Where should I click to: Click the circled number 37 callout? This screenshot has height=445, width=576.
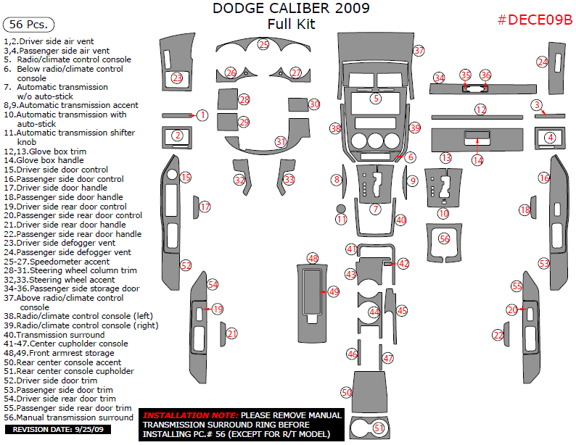tap(419, 51)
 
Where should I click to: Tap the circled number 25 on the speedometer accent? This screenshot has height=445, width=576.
tap(263, 45)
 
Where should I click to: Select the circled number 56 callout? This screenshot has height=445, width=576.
tap(445, 238)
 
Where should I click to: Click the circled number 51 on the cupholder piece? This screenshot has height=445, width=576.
tap(378, 428)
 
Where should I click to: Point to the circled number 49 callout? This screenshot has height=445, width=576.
tap(334, 291)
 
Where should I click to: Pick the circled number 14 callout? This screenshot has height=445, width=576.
tap(477, 159)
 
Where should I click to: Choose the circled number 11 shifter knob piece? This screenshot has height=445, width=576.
tap(342, 218)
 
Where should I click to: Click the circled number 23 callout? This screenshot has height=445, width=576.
tap(178, 78)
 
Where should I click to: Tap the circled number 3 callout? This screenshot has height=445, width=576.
tap(536, 105)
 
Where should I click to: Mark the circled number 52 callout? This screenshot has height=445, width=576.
tap(186, 266)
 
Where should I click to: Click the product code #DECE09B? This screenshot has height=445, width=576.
tap(535, 20)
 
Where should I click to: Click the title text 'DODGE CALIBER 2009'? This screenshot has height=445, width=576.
tap(290, 9)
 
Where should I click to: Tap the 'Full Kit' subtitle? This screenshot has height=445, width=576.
tap(290, 24)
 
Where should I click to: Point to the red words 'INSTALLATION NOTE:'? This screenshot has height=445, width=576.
tap(189, 415)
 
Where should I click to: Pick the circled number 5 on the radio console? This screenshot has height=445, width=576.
tap(375, 98)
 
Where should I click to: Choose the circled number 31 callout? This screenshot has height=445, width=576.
tap(281, 141)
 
